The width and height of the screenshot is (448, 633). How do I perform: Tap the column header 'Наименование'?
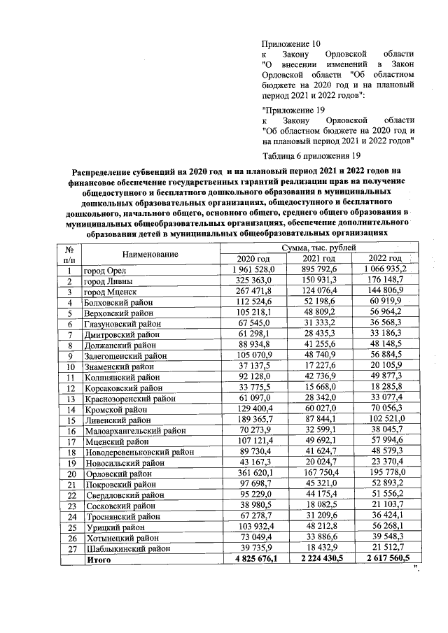point(149,254)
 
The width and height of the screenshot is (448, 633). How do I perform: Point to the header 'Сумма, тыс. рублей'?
point(318,248)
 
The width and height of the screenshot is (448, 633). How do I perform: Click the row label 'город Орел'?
point(106,271)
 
